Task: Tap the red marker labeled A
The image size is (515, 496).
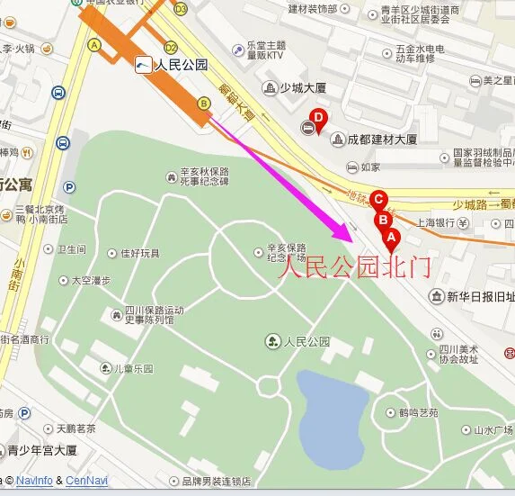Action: click(390, 236)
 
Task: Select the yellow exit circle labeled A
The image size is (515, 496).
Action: click(93, 43)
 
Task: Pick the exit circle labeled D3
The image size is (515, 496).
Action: click(181, 9)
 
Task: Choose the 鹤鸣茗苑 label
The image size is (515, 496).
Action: click(418, 412)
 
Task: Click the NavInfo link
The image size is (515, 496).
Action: click(35, 482)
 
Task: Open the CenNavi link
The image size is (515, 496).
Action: click(86, 482)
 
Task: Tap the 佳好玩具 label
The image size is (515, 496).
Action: click(139, 254)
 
